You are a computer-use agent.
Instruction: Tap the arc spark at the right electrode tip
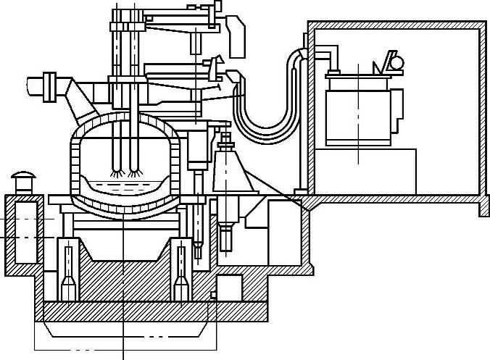[133, 173]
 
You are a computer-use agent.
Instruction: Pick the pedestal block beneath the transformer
[370, 170]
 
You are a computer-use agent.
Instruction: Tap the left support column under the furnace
[69, 272]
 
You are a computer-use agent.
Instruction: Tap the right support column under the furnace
[181, 272]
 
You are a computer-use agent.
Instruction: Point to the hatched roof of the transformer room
[395, 25]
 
